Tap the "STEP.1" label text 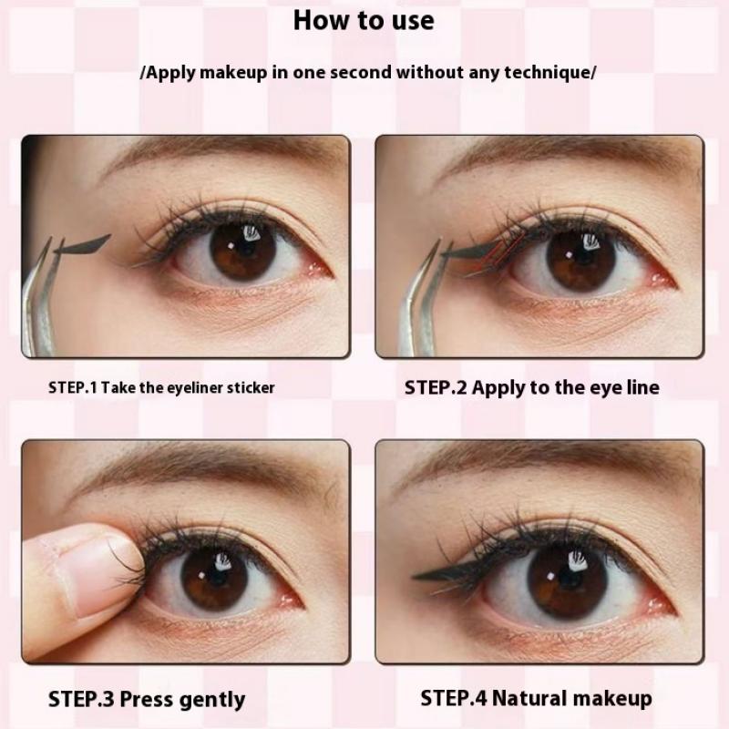click(73, 387)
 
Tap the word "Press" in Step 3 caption click(148, 700)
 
